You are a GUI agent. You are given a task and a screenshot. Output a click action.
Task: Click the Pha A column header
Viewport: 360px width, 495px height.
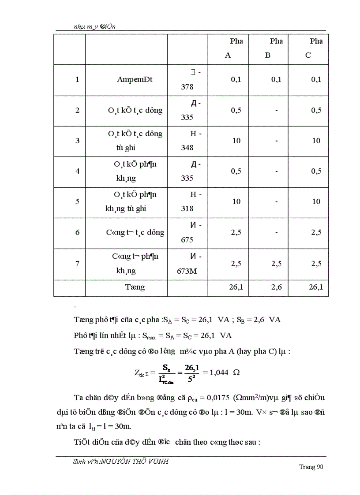click(x=232, y=48)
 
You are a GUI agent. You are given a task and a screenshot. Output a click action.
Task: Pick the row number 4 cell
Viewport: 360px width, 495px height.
click(x=78, y=171)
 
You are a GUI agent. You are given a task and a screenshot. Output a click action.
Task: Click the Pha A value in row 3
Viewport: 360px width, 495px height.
click(x=236, y=141)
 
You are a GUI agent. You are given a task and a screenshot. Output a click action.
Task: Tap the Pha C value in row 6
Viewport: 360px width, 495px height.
click(x=316, y=232)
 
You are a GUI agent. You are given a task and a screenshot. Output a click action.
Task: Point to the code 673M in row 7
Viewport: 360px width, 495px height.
click(x=187, y=271)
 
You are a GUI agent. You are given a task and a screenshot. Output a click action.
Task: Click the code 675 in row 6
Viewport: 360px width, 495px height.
click(x=187, y=240)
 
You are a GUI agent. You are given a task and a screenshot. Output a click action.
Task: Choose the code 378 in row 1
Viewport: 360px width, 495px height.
click(x=187, y=87)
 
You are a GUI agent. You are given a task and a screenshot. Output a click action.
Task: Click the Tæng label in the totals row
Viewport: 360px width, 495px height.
click(x=135, y=287)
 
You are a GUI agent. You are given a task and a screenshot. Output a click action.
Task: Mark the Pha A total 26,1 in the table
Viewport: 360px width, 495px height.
click(x=236, y=287)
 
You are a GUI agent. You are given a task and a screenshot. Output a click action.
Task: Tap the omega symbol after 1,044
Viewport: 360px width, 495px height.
click(x=236, y=372)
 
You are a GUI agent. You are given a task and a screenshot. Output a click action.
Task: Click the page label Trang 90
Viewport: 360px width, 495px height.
click(x=311, y=467)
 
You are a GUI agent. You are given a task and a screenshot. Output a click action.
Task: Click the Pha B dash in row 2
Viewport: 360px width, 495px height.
click(x=276, y=110)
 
